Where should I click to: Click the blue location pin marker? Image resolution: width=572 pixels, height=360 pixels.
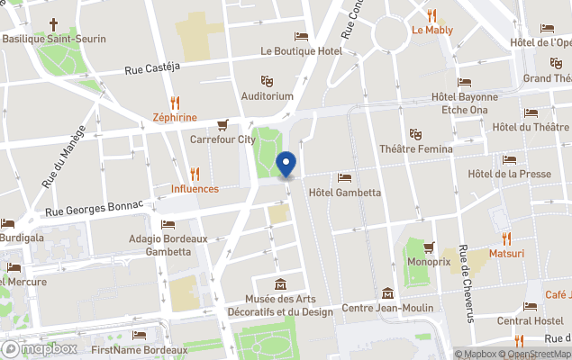[286, 166]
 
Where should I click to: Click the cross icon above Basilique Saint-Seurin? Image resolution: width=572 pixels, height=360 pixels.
[53, 24]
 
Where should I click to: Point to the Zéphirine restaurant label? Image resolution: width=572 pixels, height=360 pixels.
[174, 117]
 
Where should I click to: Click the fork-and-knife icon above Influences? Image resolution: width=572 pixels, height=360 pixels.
[195, 174]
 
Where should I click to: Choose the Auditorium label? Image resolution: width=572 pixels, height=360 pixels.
[267, 95]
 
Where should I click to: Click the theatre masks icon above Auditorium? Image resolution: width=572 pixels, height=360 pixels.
[267, 80]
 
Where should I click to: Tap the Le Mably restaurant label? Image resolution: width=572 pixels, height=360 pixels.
[432, 30]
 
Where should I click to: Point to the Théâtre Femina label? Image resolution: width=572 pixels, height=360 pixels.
[414, 148]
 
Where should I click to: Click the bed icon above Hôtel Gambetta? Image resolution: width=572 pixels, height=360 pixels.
[344, 177]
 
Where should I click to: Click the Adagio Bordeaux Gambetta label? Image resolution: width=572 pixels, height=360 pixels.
[168, 245]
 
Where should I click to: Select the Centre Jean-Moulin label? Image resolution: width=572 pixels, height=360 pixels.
[383, 308]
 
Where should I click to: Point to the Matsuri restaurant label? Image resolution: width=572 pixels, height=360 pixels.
[506, 254]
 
